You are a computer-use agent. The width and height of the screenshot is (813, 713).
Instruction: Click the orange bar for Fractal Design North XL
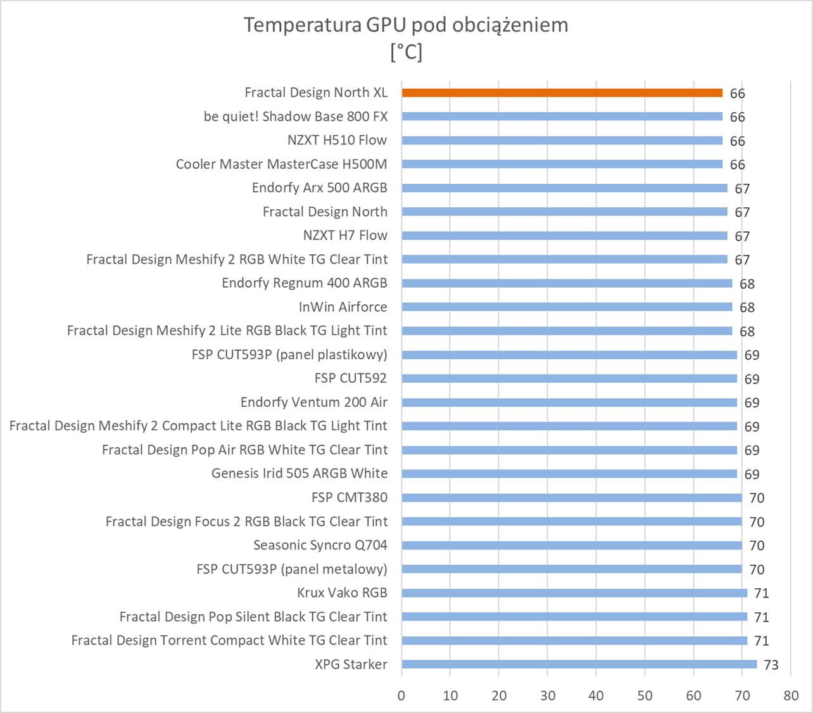click(562, 93)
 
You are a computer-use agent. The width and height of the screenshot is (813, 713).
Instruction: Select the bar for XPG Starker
click(579, 664)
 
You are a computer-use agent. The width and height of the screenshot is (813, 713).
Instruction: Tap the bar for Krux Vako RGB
click(574, 593)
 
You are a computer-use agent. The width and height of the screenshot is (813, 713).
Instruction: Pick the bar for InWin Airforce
click(567, 307)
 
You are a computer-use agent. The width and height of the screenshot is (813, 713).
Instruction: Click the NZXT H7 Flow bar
click(564, 236)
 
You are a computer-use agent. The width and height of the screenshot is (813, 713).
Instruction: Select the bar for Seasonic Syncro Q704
click(571, 546)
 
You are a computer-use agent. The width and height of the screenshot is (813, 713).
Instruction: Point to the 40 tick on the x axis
click(596, 695)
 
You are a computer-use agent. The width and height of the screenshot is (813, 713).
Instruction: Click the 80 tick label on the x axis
click(790, 695)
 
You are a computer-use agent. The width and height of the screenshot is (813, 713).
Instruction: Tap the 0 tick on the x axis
click(401, 695)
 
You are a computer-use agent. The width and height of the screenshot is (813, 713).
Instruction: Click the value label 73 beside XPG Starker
click(771, 665)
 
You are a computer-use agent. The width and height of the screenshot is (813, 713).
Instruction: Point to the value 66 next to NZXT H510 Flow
click(737, 141)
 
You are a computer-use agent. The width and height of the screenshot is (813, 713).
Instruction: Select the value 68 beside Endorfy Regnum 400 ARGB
click(747, 284)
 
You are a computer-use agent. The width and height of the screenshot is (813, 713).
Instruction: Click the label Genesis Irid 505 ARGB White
click(299, 473)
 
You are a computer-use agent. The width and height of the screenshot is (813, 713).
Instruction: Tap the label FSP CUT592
click(350, 378)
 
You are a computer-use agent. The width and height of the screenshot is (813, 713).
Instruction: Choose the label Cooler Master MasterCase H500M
click(281, 164)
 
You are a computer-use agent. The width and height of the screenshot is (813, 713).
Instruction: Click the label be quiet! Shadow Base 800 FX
click(296, 117)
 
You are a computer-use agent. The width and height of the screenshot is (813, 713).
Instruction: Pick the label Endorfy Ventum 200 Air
click(313, 402)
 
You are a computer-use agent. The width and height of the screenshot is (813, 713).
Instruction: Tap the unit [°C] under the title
click(406, 52)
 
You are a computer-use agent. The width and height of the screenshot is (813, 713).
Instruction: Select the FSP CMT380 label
click(349, 498)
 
